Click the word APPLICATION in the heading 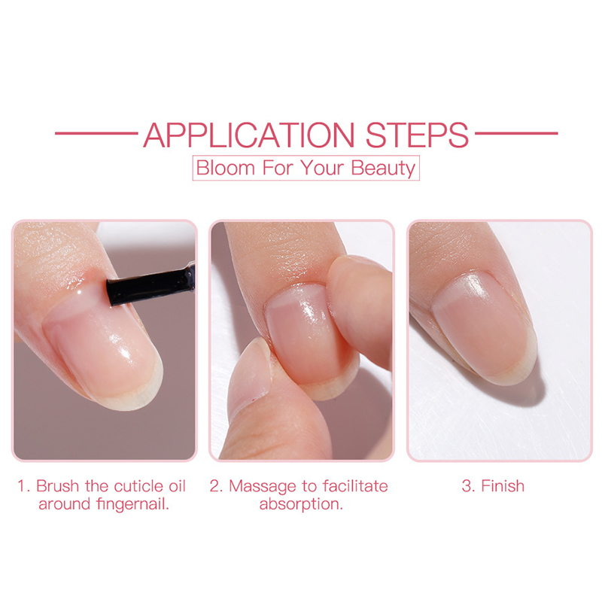click(249, 135)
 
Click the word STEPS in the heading click(417, 135)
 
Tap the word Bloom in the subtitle click(225, 168)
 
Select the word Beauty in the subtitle click(383, 169)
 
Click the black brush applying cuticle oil click(150, 285)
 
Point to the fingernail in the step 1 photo click(104, 349)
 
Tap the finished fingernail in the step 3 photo click(485, 327)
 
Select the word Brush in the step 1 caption click(59, 486)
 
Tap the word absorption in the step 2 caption click(301, 504)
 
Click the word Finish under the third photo click(503, 486)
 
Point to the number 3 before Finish click(467, 486)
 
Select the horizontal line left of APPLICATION click(96, 134)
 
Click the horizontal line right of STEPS click(516, 134)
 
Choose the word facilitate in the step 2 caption click(355, 486)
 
